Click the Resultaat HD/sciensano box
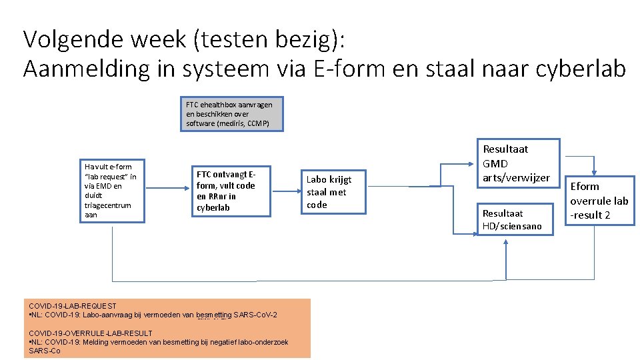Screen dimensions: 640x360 (x=516, y=219)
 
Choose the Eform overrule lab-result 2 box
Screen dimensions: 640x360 (x=599, y=200)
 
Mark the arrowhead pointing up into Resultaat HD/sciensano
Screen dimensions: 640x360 (x=506, y=243)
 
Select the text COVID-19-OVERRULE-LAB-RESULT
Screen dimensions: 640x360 (x=91, y=333)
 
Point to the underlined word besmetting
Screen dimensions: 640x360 (x=214, y=315)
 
